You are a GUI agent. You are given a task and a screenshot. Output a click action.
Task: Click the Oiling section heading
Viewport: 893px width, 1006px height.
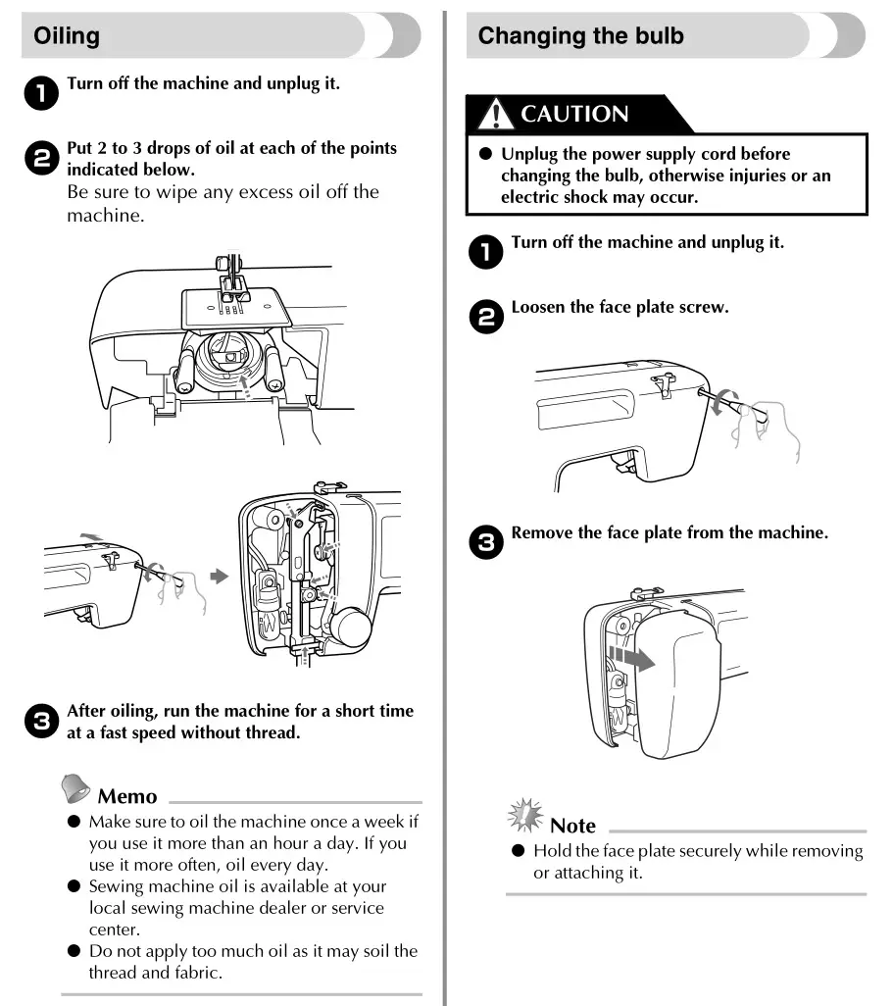(67, 37)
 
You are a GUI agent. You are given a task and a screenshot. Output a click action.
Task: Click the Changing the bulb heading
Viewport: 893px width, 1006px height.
(580, 37)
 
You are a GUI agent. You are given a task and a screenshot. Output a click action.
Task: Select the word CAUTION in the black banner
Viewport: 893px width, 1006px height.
(574, 115)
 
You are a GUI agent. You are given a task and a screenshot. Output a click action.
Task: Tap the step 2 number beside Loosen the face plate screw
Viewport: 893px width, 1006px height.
(485, 315)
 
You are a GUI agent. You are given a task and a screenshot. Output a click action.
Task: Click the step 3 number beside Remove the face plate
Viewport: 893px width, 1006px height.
(485, 541)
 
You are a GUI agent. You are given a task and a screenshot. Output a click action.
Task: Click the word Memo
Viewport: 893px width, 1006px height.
(127, 796)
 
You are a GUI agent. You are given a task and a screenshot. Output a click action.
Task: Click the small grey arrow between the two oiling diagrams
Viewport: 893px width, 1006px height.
(221, 578)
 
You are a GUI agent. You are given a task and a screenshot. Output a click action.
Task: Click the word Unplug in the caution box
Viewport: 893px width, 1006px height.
(531, 154)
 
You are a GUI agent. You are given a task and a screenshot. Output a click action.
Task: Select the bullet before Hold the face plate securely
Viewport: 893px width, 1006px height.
(519, 850)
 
